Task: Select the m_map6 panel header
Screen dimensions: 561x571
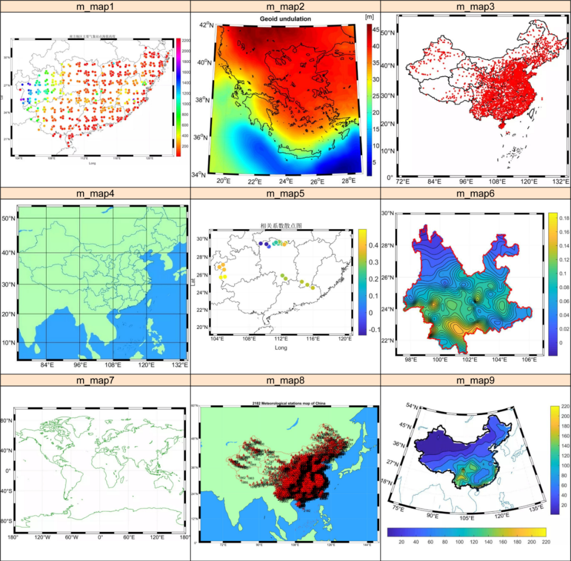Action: [x=475, y=194]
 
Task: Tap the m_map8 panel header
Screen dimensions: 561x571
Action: [x=285, y=381]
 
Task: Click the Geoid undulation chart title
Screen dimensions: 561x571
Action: [x=285, y=19]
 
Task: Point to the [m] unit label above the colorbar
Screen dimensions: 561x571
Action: [x=370, y=17]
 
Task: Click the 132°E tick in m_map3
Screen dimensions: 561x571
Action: [x=562, y=182]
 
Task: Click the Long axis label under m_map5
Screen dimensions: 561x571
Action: [x=281, y=348]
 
